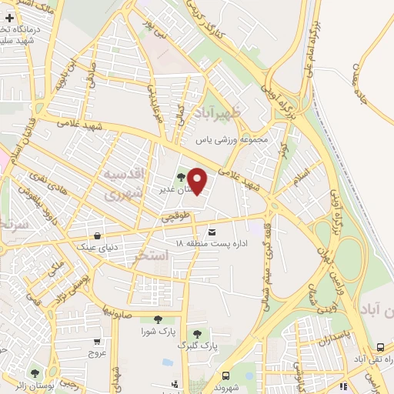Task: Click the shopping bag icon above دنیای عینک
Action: (97, 235)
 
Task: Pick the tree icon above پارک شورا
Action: (158, 320)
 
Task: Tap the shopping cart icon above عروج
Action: (96, 342)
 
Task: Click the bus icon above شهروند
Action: (225, 376)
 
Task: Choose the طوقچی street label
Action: (175, 219)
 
